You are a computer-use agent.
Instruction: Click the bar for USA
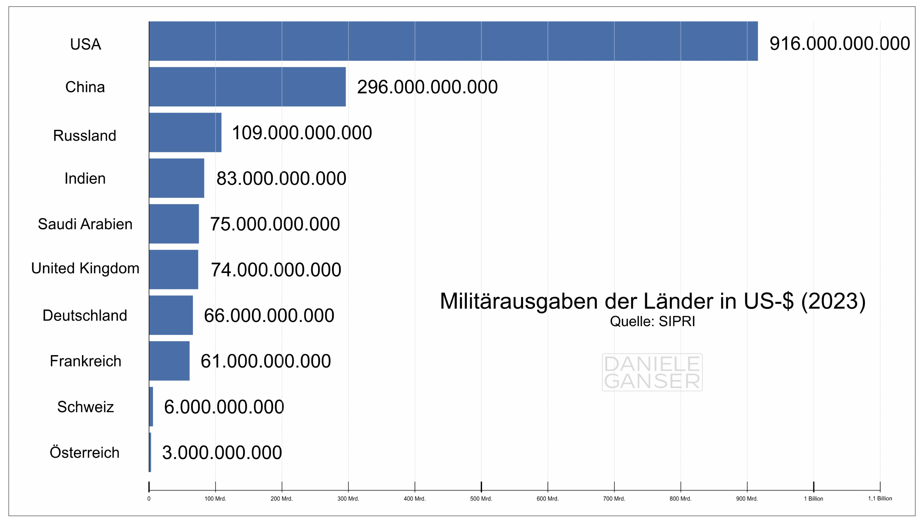point(453,41)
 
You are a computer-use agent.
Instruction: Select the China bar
point(247,87)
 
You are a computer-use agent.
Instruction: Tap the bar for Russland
point(185,132)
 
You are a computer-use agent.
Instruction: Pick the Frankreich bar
point(169,361)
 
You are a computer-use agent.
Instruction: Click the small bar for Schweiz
point(151,406)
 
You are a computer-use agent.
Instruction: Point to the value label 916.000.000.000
point(839,43)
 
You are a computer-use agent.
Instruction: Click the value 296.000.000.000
point(427,87)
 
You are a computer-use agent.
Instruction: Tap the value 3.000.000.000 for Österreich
point(222,452)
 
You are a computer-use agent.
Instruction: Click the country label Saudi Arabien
point(85,224)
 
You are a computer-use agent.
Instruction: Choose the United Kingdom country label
point(85,268)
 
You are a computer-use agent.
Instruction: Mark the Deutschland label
point(85,315)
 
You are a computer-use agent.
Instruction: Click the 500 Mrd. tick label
point(481,498)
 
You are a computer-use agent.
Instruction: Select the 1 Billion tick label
point(813,498)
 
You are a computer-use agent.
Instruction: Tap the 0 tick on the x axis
point(149,498)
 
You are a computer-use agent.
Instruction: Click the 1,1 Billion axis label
point(880,498)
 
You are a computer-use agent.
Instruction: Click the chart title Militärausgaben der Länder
point(653,301)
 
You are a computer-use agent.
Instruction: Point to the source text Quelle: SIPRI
point(652,321)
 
